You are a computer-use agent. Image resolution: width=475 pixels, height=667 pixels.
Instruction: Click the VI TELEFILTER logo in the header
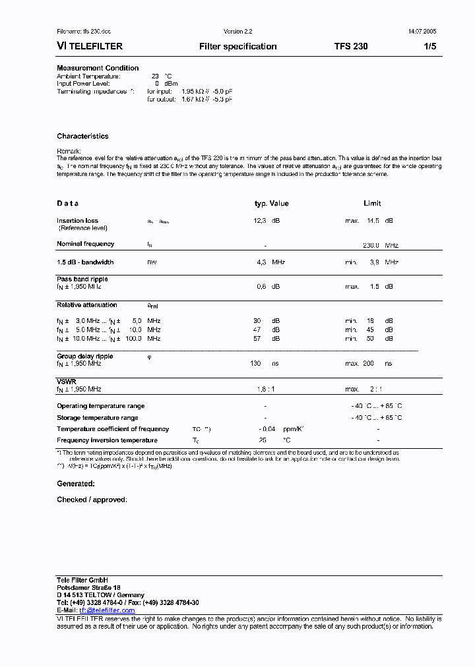tap(90, 47)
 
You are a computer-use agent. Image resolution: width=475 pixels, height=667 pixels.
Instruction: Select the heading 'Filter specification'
tap(237, 47)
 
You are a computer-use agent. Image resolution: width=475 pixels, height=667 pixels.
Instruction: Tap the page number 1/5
tap(429, 47)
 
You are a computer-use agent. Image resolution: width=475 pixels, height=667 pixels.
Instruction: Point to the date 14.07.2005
tap(422, 32)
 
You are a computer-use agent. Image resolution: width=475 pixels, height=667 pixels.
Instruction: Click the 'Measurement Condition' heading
tap(98, 68)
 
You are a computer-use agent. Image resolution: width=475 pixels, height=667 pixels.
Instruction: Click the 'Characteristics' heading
tap(82, 136)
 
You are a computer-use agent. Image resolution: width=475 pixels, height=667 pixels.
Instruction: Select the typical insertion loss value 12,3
tap(260, 221)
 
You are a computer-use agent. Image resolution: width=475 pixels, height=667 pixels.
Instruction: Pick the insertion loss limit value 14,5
tap(373, 221)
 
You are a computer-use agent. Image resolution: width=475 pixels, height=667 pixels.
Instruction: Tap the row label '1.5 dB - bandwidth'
tap(85, 262)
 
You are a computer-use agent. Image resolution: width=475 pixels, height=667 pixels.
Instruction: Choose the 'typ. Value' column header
tap(272, 204)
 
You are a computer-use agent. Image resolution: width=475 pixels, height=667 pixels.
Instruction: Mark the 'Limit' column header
tap(372, 204)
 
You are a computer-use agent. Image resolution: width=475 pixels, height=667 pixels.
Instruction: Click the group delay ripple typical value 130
tap(256, 363)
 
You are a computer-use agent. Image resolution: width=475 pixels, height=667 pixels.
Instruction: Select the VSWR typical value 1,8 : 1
tap(265, 390)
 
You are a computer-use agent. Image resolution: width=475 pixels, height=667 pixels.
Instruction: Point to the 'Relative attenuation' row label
tap(87, 305)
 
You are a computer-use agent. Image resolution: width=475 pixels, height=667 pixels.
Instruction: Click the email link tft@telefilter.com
tap(107, 610)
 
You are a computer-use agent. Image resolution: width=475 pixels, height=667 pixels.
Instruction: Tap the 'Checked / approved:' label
tap(92, 500)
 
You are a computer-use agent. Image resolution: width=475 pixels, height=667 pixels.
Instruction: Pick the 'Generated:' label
tap(76, 483)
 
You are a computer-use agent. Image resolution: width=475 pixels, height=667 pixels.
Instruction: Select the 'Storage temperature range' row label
tap(98, 418)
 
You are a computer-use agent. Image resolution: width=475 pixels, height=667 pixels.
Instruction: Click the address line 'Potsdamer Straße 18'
tap(88, 587)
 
